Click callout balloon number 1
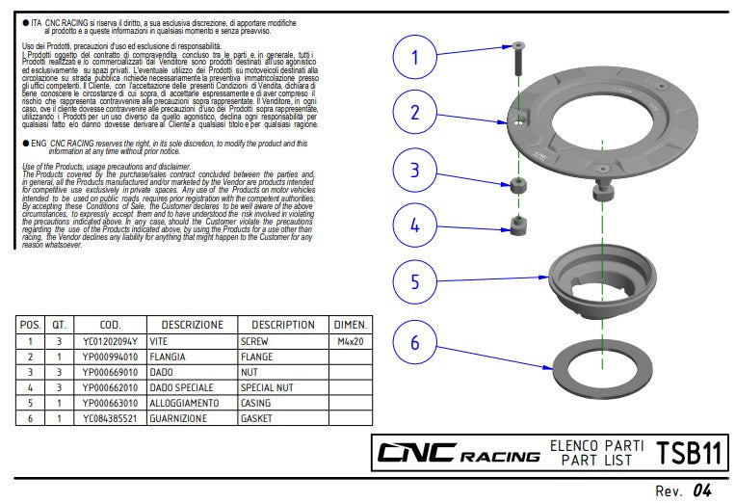(415, 57)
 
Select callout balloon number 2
(415, 113)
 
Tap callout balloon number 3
(415, 171)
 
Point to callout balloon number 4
(415, 225)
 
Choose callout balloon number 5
(415, 281)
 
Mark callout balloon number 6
(415, 343)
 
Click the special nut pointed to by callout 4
(518, 227)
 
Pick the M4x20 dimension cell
(349, 341)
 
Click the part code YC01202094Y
(109, 341)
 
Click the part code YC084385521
(109, 418)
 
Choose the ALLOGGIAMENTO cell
(191, 403)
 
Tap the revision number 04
(701, 490)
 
